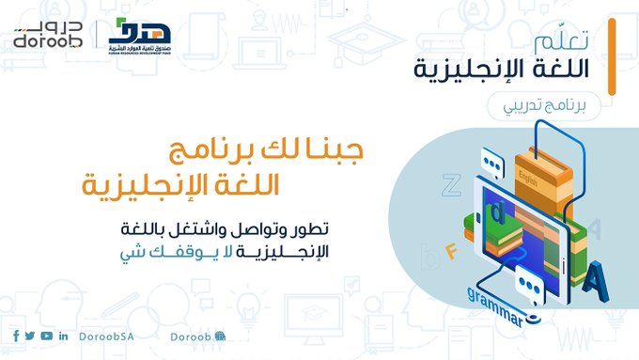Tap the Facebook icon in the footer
point(16,336)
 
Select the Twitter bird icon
point(30,336)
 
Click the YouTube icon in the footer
point(46,336)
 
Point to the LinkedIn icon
point(63,336)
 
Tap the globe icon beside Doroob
point(219,336)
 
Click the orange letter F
point(450,250)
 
